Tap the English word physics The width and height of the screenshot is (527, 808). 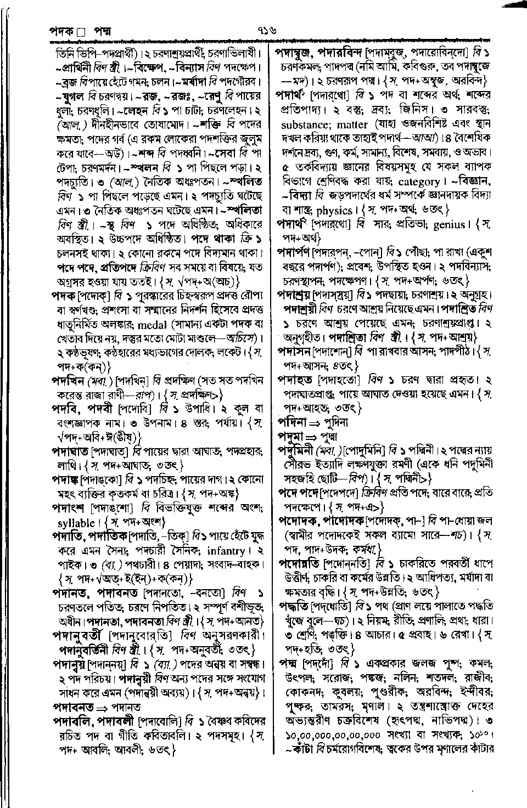334,211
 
